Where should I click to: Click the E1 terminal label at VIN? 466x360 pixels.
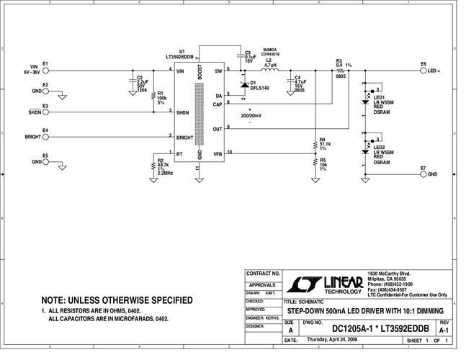(x=45, y=63)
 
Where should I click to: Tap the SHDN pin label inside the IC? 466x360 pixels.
(x=183, y=112)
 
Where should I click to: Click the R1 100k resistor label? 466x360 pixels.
(x=161, y=98)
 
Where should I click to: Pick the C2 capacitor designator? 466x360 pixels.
(x=140, y=77)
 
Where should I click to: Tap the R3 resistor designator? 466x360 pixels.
(x=339, y=60)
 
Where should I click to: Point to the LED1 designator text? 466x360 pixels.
(x=379, y=97)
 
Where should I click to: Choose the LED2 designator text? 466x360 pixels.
(x=379, y=147)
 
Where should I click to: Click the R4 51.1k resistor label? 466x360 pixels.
(x=324, y=143)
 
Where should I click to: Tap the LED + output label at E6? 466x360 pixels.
(x=434, y=71)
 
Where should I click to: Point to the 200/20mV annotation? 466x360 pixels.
(x=251, y=115)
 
